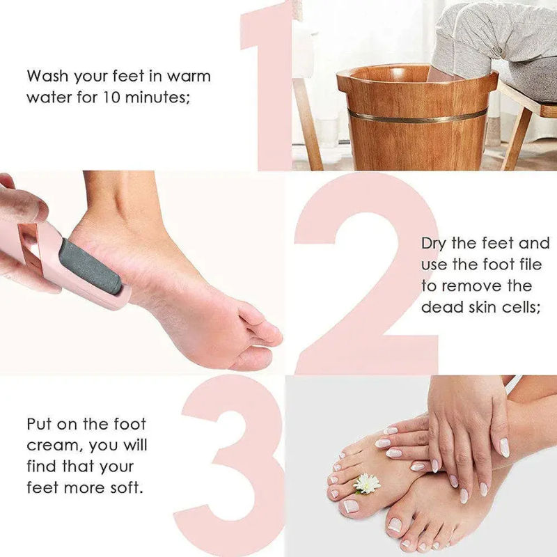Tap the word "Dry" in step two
tap(437, 243)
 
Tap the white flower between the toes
tap(367, 483)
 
